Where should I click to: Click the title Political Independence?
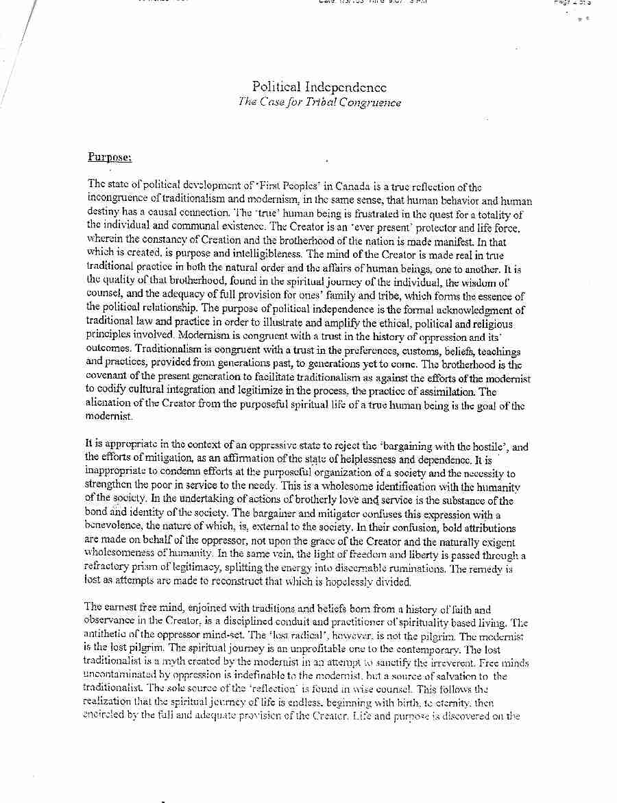319,87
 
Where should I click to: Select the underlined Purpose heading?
109,156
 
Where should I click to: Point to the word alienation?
112,404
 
